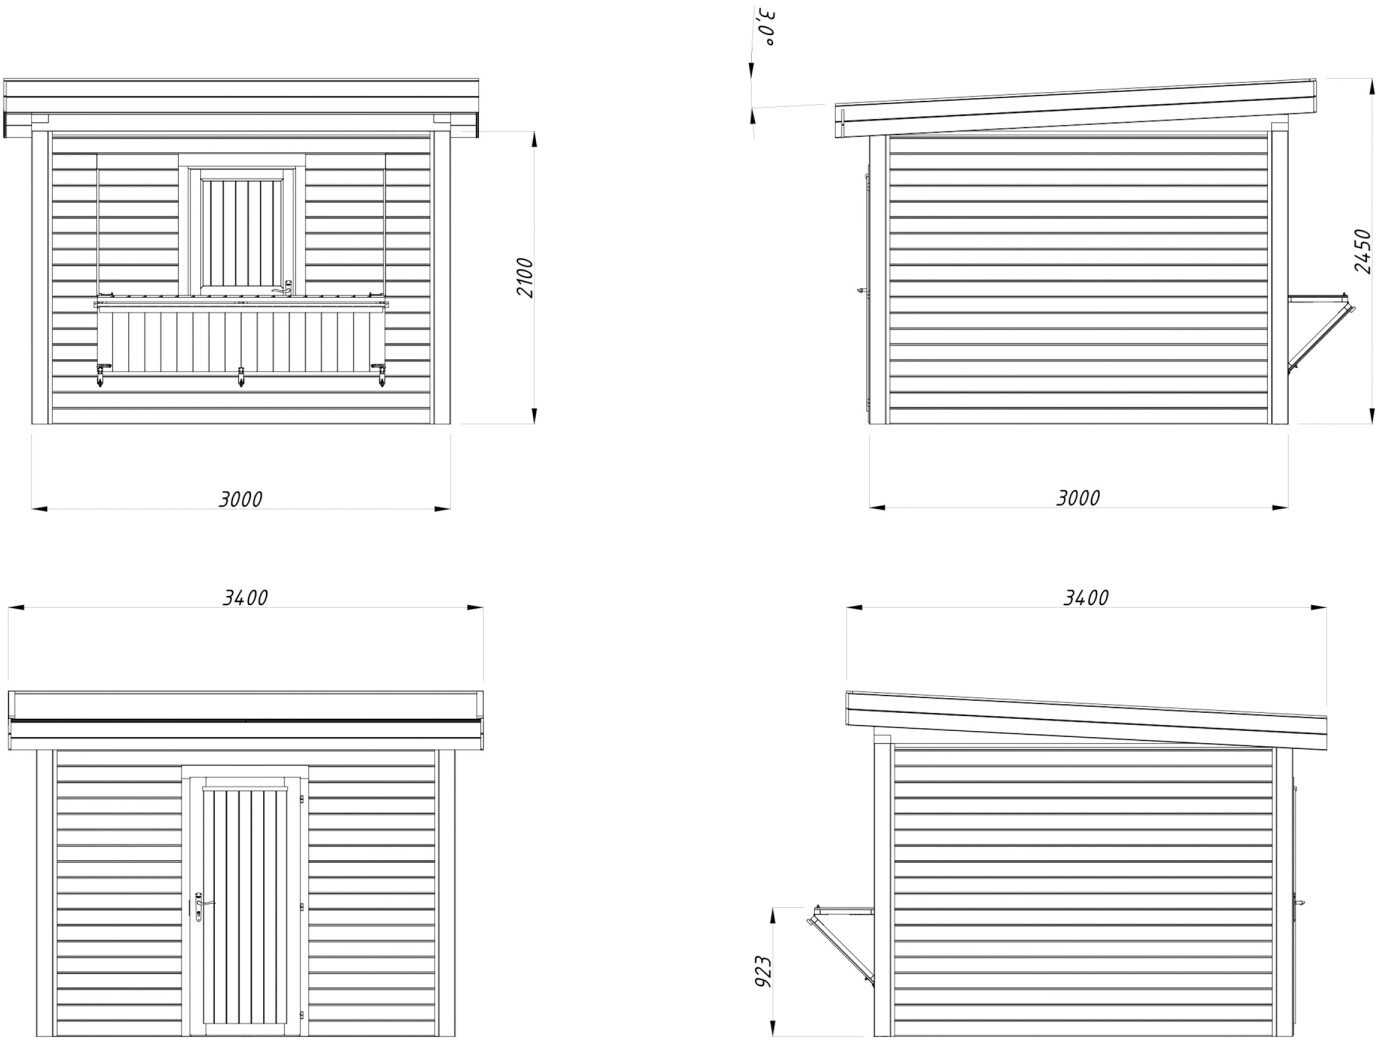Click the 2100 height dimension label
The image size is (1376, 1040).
(x=527, y=277)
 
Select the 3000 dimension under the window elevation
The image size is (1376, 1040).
(x=241, y=498)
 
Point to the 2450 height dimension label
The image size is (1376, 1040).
(x=1362, y=251)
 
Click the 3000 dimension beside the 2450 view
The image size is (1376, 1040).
(x=1078, y=497)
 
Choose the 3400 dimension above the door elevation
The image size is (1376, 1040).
(x=245, y=597)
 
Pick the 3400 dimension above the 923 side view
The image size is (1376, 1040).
(x=1086, y=597)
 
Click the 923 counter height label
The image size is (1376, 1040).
(x=763, y=972)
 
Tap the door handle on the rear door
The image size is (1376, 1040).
(x=199, y=905)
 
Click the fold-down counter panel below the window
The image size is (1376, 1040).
(x=241, y=338)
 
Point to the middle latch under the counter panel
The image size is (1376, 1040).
(x=241, y=378)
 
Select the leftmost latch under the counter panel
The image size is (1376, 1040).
(x=101, y=377)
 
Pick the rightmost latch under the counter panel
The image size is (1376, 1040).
(x=381, y=377)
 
